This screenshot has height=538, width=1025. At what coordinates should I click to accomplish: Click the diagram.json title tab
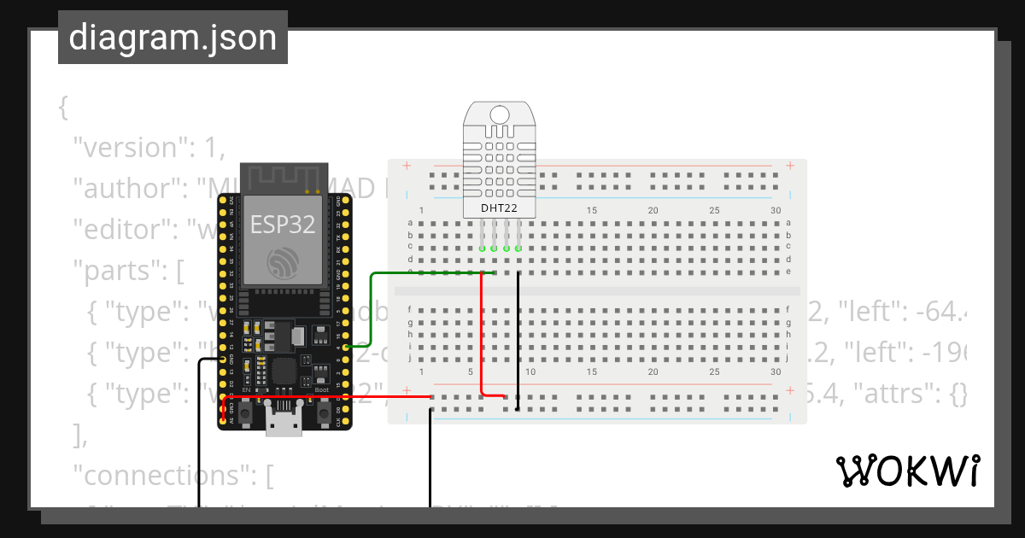click(173, 38)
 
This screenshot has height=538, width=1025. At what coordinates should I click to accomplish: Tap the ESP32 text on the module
click(283, 225)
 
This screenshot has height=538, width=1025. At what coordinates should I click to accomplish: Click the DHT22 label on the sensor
click(500, 208)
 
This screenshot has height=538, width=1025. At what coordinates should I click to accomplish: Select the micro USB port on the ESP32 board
click(284, 421)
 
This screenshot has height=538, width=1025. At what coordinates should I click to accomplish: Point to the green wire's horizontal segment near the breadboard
click(427, 273)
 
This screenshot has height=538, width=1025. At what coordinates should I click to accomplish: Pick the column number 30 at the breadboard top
click(776, 211)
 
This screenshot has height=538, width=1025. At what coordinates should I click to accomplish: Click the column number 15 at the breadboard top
click(591, 211)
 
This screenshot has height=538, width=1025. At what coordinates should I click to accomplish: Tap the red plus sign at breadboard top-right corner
click(790, 166)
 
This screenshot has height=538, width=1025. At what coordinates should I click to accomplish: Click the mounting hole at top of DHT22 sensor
click(500, 113)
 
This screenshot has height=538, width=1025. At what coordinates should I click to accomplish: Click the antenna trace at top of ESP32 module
click(283, 178)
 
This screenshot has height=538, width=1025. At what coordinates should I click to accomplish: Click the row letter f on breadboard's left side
click(410, 309)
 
